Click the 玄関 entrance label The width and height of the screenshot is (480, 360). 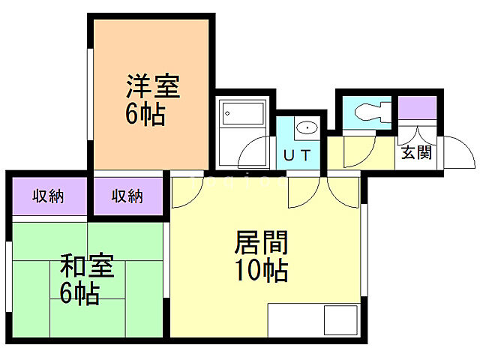pos(415,153)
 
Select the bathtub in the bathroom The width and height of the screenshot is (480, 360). pos(243,115)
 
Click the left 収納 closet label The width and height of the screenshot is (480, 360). pos(47,196)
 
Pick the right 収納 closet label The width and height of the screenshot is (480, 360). pos(127,196)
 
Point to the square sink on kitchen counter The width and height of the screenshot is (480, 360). pos(340,322)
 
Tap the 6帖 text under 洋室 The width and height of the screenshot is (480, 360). pos(145,115)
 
